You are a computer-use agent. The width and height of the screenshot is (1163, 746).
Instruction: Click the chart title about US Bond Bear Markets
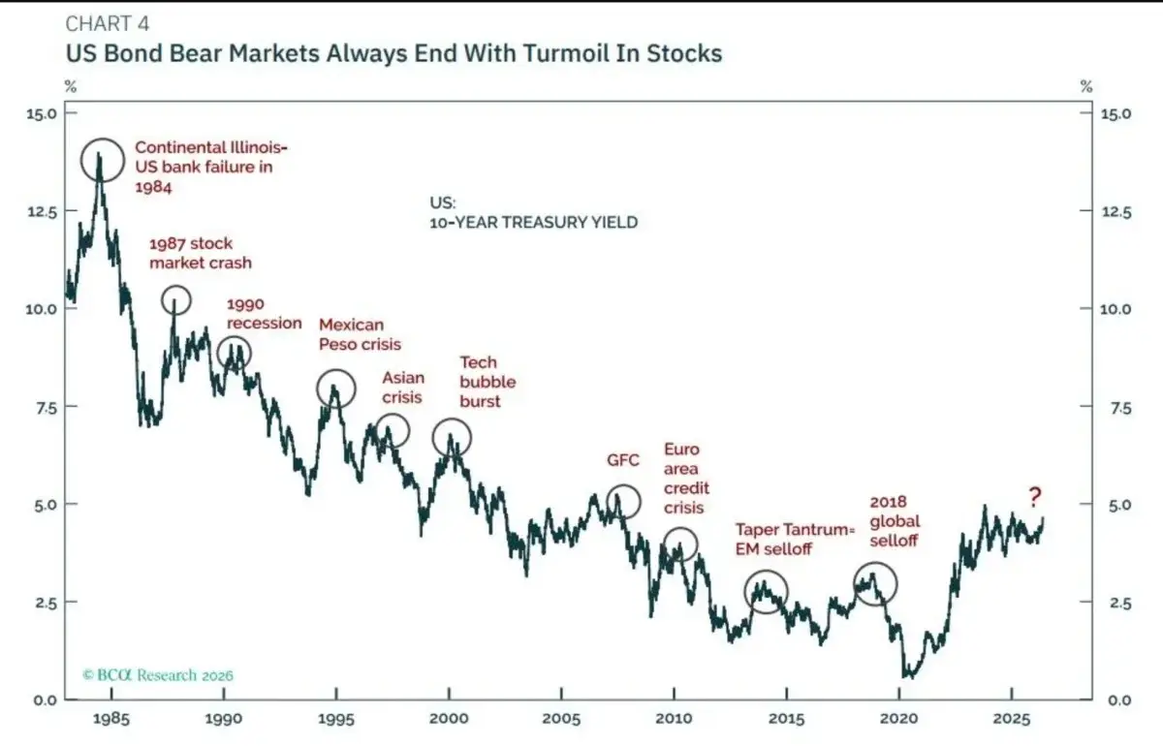pos(393,53)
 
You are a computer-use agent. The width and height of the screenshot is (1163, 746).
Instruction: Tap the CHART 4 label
pos(108,23)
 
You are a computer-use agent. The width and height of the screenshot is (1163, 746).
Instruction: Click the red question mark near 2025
pos(1035,497)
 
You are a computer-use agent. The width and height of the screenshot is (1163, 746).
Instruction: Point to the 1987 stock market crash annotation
pos(201,253)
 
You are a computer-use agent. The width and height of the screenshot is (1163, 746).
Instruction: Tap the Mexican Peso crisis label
pos(360,334)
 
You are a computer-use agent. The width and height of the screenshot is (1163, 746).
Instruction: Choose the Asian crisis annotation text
pos(403,388)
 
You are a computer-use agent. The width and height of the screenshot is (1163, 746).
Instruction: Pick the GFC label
pos(623,460)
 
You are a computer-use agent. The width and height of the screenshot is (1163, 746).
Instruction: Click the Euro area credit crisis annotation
pos(686,479)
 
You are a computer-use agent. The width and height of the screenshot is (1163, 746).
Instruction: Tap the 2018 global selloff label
pos(895,520)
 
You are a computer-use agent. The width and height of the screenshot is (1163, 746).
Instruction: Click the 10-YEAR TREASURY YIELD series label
pos(534,222)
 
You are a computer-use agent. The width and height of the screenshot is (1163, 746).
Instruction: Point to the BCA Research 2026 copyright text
pos(158,675)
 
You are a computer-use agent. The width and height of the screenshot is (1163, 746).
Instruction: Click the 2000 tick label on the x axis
pos(449,719)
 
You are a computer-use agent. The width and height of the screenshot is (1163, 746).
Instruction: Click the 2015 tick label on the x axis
pos(787,719)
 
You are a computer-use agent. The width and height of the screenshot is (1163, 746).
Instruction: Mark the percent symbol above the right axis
pos(1086,86)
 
